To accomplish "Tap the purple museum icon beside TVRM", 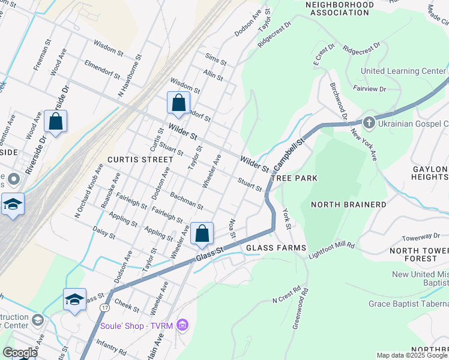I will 183,325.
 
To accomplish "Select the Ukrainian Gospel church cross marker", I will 369,123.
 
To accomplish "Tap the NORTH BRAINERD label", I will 348,205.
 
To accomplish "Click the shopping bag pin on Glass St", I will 202,233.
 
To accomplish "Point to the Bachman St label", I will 187,201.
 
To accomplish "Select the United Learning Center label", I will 403,71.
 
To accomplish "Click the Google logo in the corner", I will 19,353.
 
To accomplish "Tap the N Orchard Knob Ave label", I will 85,198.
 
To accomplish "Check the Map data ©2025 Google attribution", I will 412,355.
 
